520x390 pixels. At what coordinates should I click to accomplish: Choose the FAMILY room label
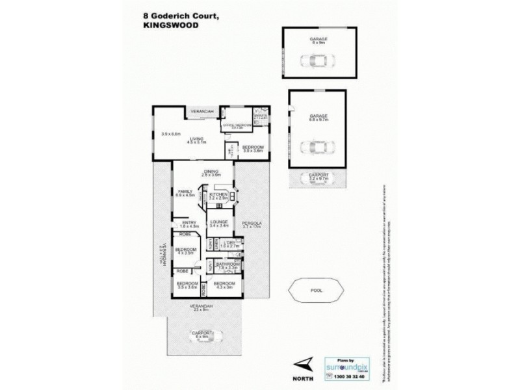point(185,191)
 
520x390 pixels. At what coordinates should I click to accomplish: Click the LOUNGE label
point(218,222)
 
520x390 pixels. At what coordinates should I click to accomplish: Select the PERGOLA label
point(251,222)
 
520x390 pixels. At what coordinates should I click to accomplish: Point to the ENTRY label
point(188,222)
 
